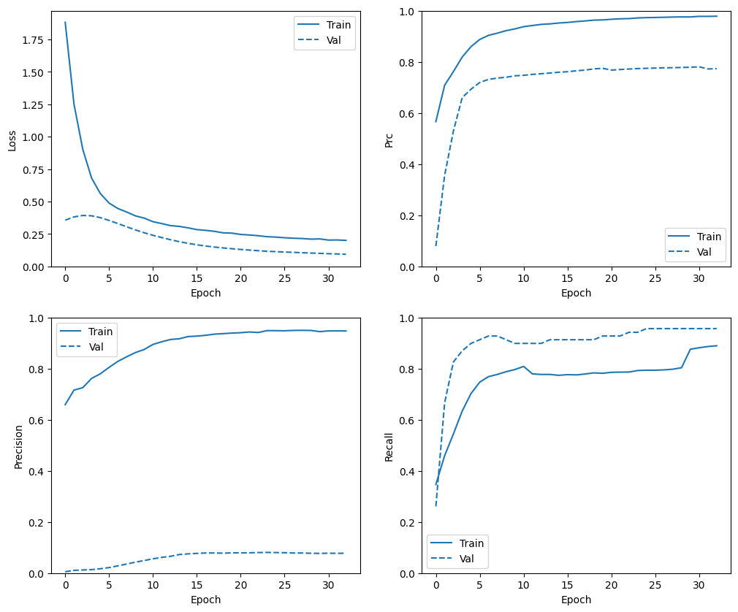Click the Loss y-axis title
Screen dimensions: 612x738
(x=12, y=139)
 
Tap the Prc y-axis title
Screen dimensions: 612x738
(x=389, y=139)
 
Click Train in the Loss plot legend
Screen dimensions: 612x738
(x=339, y=25)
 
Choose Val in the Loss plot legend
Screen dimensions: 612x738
(x=335, y=39)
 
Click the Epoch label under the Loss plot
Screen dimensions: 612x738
(x=205, y=293)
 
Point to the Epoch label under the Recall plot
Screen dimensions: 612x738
(x=576, y=600)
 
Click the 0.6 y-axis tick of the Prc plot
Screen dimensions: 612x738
(x=406, y=114)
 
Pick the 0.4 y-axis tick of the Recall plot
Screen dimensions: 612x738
(x=406, y=472)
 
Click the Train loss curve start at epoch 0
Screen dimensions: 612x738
(x=66, y=23)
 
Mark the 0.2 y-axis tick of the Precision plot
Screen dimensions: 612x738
(x=35, y=523)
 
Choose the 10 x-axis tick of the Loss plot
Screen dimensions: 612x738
(x=153, y=278)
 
